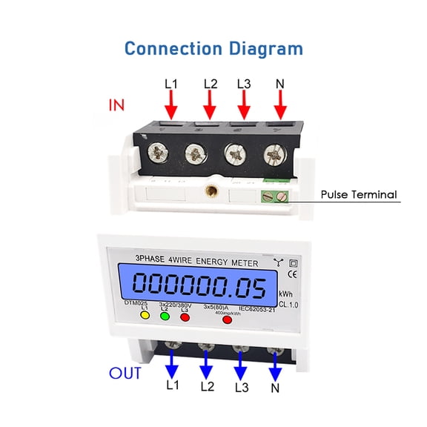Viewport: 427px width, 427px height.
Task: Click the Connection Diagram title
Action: pos(213,49)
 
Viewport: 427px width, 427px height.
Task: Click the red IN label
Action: pos(117,105)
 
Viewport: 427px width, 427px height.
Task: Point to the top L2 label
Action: pos(210,84)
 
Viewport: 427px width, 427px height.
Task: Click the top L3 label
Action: pos(245,84)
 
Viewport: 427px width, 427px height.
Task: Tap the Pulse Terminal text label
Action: pos(359,196)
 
